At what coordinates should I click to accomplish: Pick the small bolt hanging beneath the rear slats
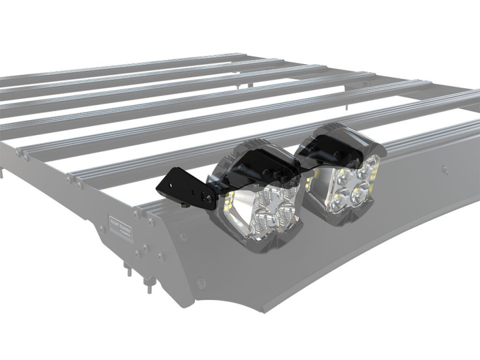click(240, 88)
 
